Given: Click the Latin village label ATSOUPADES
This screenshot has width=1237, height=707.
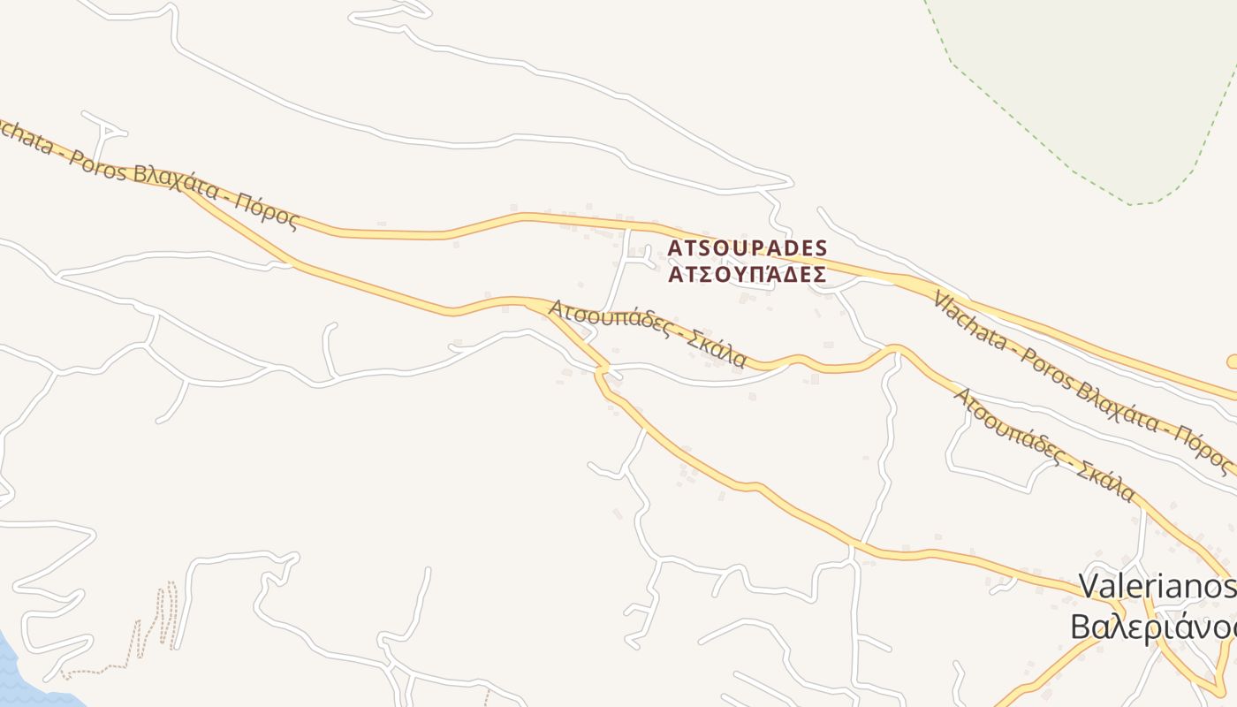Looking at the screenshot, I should pos(747,248).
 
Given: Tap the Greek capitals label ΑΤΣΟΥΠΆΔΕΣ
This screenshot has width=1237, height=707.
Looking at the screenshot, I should pos(747,274).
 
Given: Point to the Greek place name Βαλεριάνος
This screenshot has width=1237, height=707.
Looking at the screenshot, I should pos(1152,626).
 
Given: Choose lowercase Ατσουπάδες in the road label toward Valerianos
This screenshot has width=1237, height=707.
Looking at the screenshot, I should pos(1006,423).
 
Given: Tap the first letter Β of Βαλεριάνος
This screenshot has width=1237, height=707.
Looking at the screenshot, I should pos(1080,626).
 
